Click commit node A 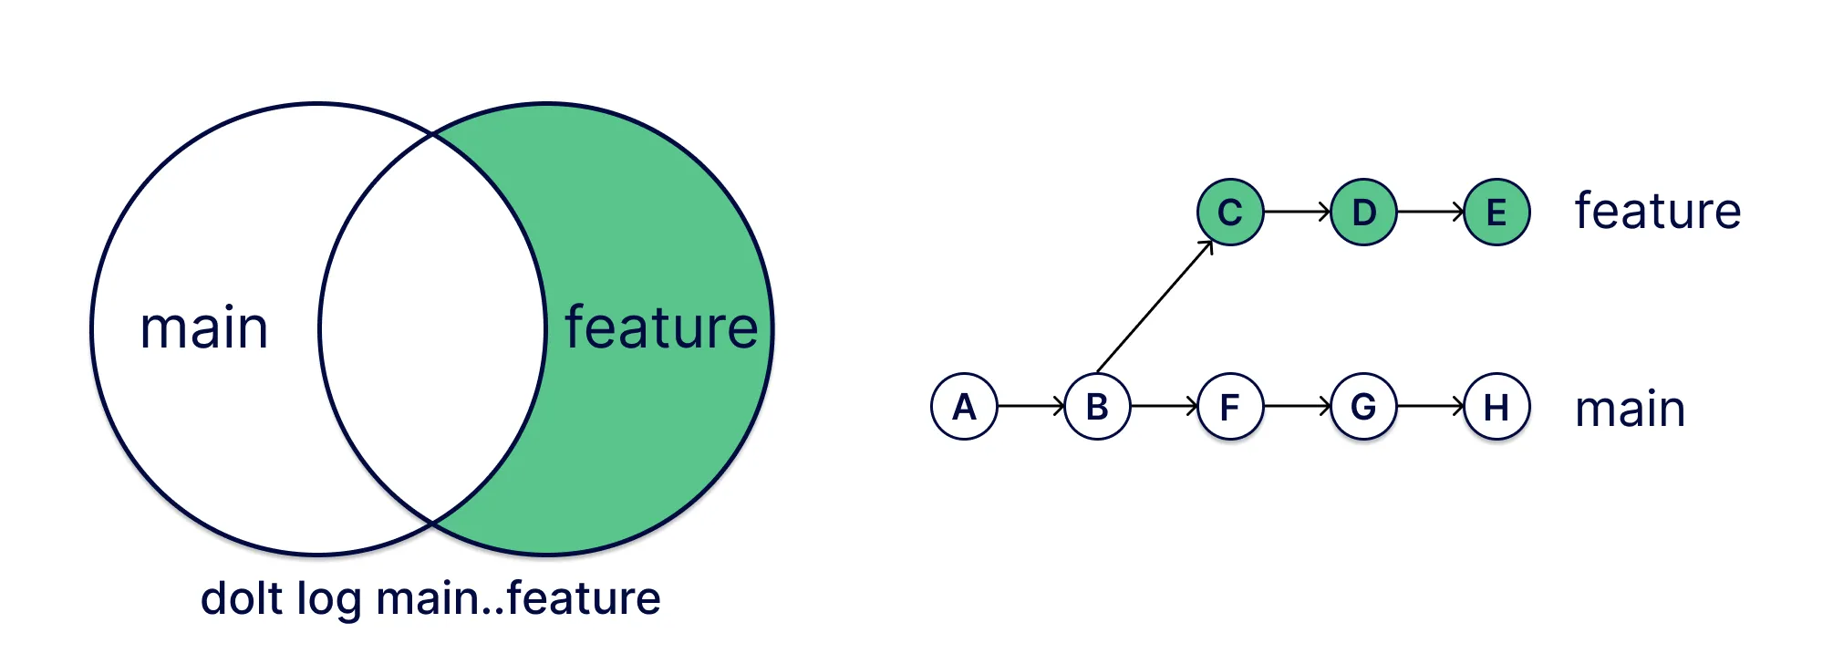(x=964, y=407)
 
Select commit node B (x=1097, y=407)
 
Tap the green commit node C (x=1230, y=213)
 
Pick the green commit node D (x=1363, y=213)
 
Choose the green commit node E (x=1496, y=213)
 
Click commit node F (x=1230, y=407)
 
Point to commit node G (x=1363, y=407)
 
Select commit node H (x=1496, y=407)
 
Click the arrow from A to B (x=1030, y=406)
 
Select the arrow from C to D (x=1297, y=212)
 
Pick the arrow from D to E (x=1430, y=212)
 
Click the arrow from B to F (x=1164, y=406)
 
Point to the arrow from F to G (x=1297, y=406)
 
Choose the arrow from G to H (x=1430, y=406)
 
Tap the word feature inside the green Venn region (x=661, y=328)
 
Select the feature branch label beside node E (x=1658, y=212)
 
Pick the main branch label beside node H (x=1631, y=409)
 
